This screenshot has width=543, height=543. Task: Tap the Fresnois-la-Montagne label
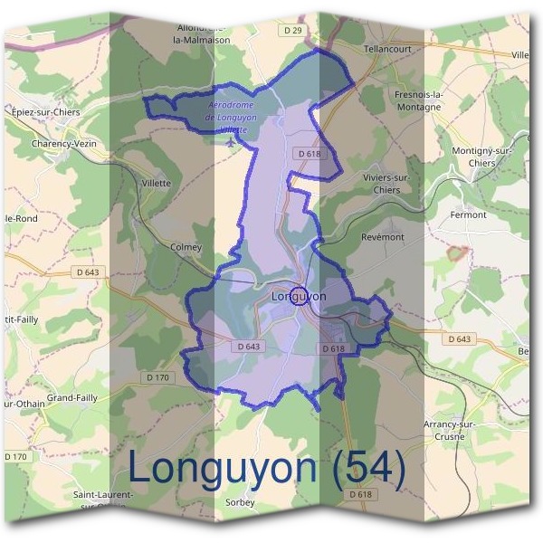click(417, 100)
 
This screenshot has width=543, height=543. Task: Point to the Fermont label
click(468, 214)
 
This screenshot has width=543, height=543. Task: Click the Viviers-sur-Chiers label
click(386, 184)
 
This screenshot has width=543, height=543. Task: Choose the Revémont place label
click(382, 236)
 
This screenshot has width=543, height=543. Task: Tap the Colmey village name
click(186, 245)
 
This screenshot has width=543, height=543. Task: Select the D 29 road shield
click(291, 30)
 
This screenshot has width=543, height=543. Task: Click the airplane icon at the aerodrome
click(233, 142)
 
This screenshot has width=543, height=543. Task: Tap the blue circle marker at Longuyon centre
click(300, 295)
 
